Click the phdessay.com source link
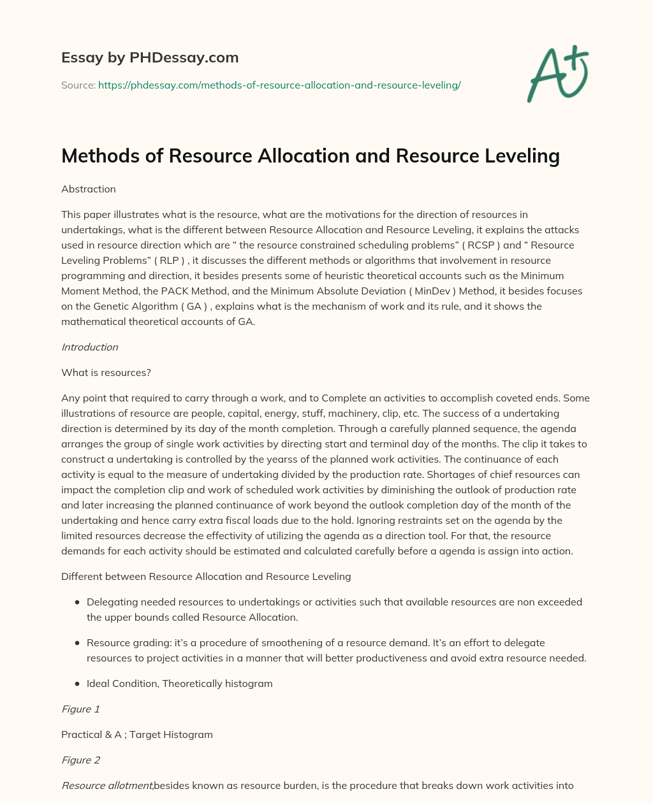pos(279,85)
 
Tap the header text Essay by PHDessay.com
pos(150,57)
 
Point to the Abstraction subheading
pos(89,189)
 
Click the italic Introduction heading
pos(90,347)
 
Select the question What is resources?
pos(106,373)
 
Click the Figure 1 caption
pos(80,709)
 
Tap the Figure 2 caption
pos(80,760)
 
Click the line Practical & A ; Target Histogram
pos(137,735)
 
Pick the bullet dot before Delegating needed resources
pos(77,602)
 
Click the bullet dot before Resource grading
pos(77,643)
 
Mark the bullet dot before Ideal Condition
pos(77,684)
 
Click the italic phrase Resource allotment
pos(107,786)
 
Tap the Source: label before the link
pos(78,85)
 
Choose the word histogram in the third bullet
pos(249,684)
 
